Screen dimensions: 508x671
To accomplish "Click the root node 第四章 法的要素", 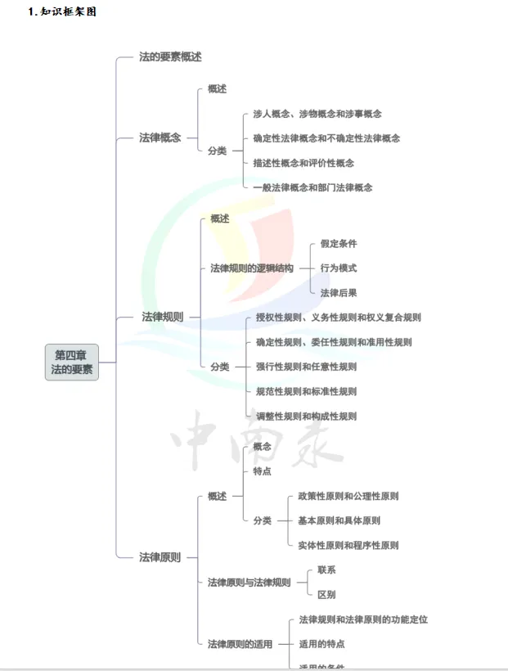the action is [72, 363].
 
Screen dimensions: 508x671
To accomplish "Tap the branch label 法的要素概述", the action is [170, 57].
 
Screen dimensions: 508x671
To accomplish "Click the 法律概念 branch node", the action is [160, 137].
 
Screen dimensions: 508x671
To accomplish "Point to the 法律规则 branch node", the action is [163, 317].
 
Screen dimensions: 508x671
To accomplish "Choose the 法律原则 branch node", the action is [160, 557].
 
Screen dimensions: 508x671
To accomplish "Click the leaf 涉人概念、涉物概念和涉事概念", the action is [317, 114].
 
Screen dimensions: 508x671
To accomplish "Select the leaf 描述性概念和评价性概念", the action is [303, 163].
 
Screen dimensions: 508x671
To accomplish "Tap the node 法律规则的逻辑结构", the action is [251, 268].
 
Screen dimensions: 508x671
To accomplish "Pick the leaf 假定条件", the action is [338, 243].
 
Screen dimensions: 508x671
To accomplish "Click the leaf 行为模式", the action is [338, 268].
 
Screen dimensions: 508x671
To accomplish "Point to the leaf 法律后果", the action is [338, 292].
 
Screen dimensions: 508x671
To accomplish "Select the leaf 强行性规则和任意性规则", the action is [306, 367].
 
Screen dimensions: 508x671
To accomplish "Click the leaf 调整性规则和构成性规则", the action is [306, 416].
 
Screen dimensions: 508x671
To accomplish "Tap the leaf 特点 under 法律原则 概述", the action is [262, 471].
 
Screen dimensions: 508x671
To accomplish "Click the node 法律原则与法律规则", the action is [249, 583].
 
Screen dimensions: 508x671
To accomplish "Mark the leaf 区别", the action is [326, 595].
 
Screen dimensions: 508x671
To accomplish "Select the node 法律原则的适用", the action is [240, 644].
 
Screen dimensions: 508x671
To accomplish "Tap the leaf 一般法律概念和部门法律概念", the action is [312, 187].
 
